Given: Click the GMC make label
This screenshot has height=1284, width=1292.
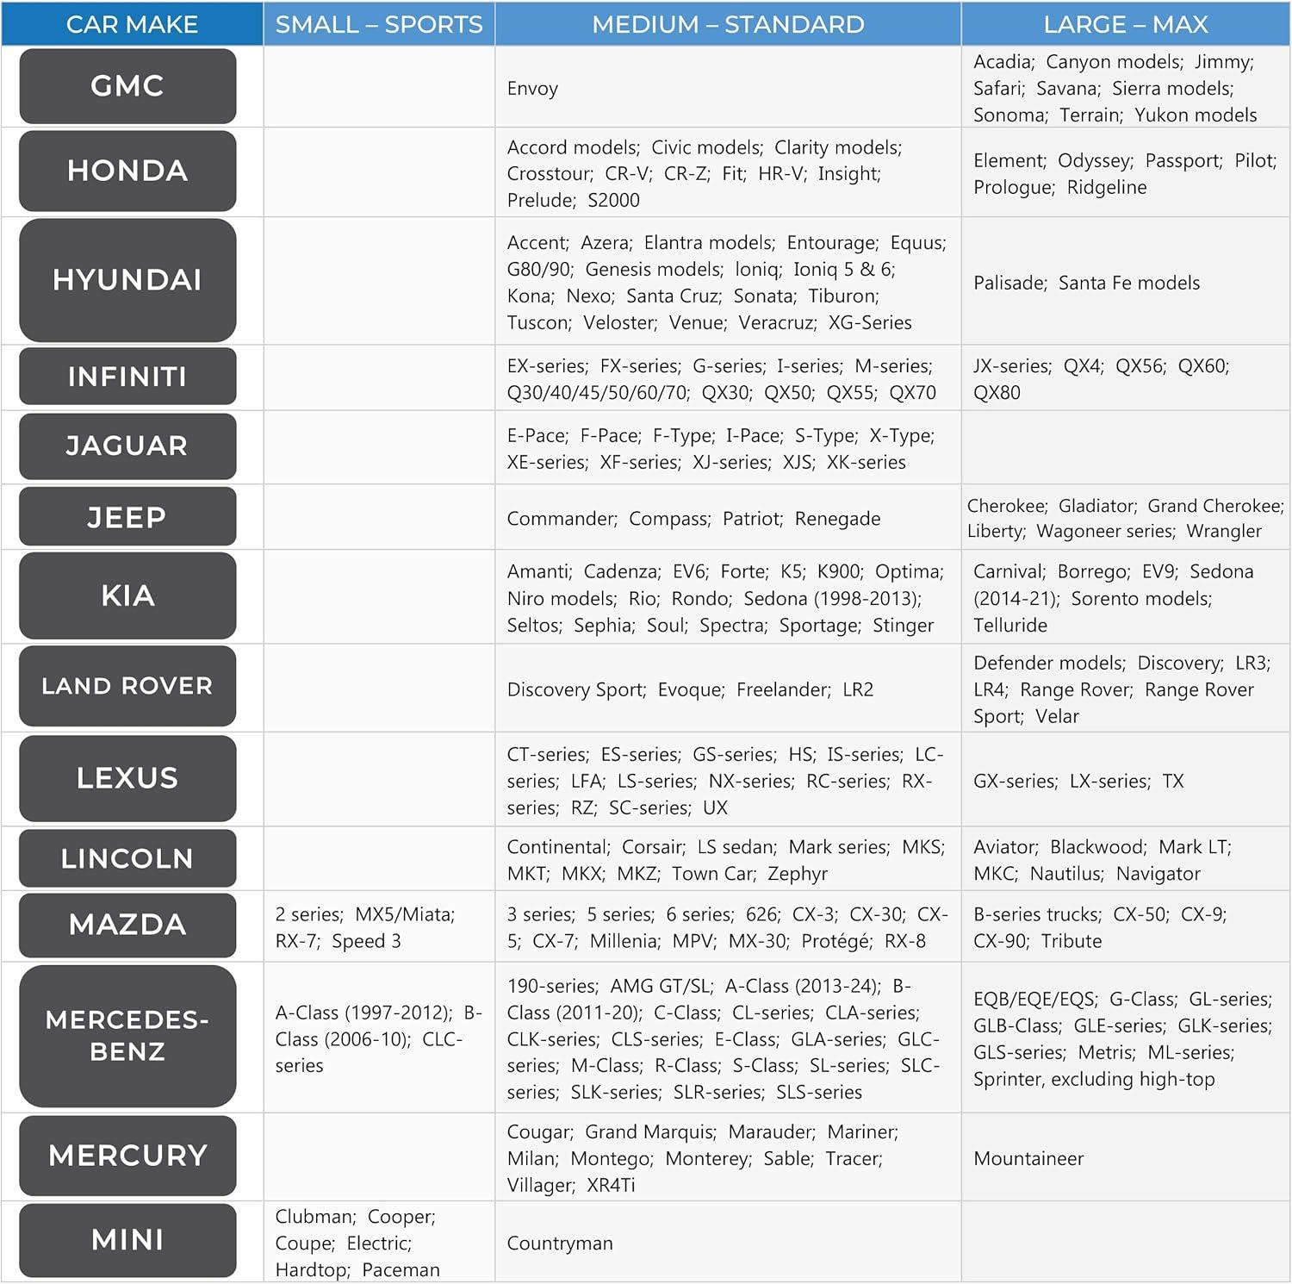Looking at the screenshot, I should click(127, 86).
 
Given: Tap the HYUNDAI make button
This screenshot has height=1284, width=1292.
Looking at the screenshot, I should click(127, 280).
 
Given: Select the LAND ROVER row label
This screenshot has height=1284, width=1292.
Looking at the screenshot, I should click(127, 686).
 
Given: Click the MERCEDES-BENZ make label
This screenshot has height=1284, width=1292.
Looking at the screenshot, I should click(127, 1036).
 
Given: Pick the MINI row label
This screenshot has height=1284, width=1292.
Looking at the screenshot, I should click(127, 1240).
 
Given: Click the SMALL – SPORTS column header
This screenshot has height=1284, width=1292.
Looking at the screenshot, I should click(379, 24).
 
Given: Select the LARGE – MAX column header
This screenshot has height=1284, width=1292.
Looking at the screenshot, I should click(1125, 24).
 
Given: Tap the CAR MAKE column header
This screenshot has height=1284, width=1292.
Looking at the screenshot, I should click(132, 24).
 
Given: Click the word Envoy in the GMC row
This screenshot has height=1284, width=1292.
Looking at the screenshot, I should click(532, 89).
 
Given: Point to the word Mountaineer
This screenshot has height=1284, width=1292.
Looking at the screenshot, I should click(1028, 1159).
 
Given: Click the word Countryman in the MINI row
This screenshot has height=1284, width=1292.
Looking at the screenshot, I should click(560, 1243).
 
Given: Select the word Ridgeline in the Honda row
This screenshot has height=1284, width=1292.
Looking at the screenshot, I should click(1107, 188).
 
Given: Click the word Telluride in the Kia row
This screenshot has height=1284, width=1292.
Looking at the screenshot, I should click(1010, 626).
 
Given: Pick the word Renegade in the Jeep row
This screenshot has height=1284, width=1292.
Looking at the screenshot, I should click(837, 519).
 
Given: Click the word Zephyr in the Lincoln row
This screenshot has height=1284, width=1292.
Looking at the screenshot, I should click(798, 874).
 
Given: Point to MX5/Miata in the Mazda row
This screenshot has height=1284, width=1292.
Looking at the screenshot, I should click(405, 914).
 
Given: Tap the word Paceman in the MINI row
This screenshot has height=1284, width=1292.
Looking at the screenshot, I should click(401, 1270).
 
